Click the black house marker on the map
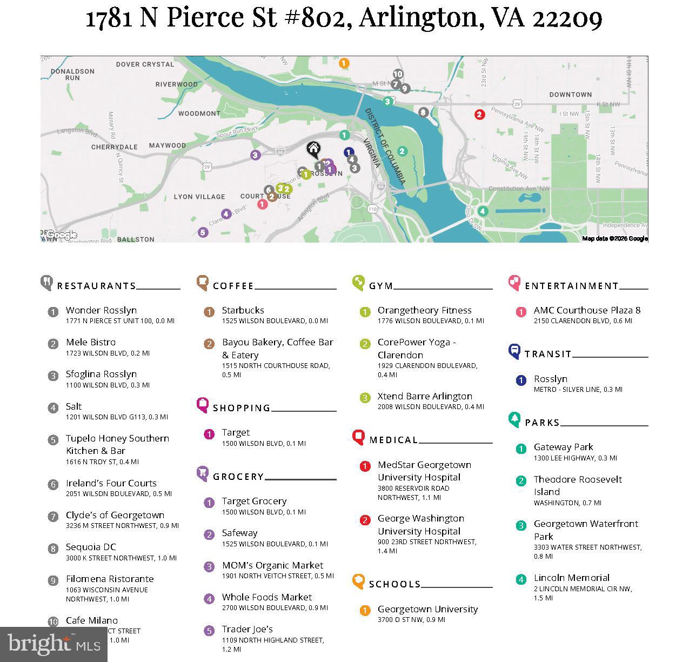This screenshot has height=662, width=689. click(313, 149)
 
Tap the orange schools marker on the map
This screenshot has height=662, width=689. click(344, 63)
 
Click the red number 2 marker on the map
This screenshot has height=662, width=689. click(479, 115)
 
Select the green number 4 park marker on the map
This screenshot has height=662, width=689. click(483, 211)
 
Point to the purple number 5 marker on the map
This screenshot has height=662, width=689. click(203, 232)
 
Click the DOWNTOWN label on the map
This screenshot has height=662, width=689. click(570, 95)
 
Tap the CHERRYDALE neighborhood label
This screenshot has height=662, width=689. click(114, 147)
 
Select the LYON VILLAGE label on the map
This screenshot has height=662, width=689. click(199, 197)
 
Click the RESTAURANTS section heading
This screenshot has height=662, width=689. click(96, 286)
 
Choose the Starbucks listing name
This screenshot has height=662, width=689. click(243, 310)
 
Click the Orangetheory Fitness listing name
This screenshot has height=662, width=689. click(424, 310)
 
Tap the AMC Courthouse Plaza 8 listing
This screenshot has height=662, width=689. click(587, 310)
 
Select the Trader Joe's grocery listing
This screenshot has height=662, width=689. click(247, 629)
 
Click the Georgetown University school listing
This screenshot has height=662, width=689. click(427, 609)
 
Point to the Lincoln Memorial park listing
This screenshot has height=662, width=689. click(571, 578)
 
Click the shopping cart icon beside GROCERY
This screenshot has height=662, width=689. click(203, 474)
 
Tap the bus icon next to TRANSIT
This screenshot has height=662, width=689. click(514, 351)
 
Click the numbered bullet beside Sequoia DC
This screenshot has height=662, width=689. click(53, 549)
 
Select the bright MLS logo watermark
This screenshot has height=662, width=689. click(53, 644)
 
